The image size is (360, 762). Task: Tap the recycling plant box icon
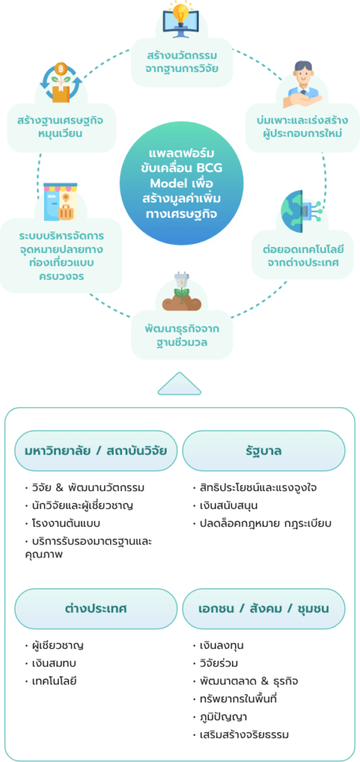click(62, 82)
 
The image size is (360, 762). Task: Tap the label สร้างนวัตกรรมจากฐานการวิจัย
click(181, 64)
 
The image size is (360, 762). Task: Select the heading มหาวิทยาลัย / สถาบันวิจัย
click(95, 450)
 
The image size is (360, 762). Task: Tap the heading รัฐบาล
click(264, 450)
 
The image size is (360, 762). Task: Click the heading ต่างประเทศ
click(95, 608)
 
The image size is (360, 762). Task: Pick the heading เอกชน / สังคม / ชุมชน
click(264, 608)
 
